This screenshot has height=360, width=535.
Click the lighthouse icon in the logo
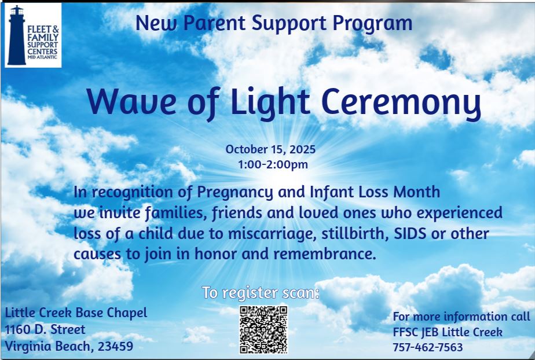(16, 35)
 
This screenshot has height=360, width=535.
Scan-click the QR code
(263, 330)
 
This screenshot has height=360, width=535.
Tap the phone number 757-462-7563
(428, 347)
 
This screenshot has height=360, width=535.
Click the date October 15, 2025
(270, 149)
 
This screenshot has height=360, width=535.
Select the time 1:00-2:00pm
(273, 164)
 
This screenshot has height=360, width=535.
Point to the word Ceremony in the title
(401, 103)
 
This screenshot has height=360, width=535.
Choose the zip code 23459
(115, 346)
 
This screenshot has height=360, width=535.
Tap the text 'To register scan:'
(261, 292)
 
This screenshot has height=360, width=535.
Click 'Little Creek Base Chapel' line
(76, 313)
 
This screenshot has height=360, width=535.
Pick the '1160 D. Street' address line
(45, 329)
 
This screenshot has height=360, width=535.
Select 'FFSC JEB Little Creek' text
(448, 332)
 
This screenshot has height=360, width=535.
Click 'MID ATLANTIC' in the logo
(42, 57)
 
